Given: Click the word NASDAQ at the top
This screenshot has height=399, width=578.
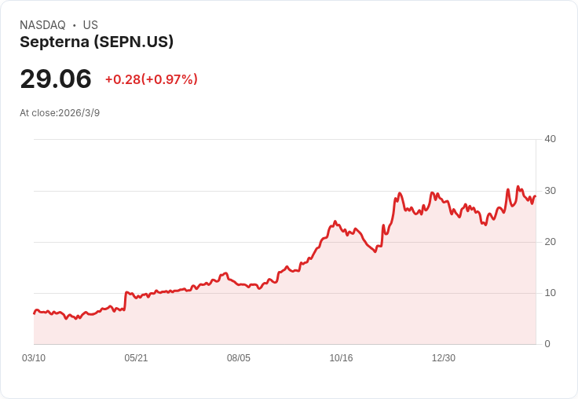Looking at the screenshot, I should tap(42, 25).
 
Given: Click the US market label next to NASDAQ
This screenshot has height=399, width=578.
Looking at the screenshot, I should tap(90, 25).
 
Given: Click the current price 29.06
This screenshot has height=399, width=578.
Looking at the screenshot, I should tap(56, 79).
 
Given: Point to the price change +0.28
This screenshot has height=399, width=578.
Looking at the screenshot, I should tap(123, 79).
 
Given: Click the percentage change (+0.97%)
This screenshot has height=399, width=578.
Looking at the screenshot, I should tap(170, 79).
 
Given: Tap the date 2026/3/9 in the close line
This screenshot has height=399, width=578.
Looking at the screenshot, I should tap(79, 113).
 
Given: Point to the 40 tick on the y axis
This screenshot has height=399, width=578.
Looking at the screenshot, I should tap(550, 139).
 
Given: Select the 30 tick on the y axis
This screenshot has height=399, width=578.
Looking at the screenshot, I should tap(550, 190).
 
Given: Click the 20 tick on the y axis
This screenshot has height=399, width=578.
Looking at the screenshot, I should tap(550, 241).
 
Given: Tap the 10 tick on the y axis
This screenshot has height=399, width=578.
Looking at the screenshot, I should tap(550, 292).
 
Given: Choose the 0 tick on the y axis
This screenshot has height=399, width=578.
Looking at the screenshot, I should tap(547, 343).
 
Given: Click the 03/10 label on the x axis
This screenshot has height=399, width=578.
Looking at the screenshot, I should tap(34, 358).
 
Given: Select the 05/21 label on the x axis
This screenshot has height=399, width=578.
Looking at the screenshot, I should tap(136, 358).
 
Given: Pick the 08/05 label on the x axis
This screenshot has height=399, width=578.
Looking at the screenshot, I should tap(239, 358).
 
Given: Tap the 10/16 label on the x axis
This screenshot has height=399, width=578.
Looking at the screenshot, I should tap(341, 358).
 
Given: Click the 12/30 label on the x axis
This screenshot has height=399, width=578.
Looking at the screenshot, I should tap(444, 358).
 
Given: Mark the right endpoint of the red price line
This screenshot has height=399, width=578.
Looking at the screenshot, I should tap(535, 196).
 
